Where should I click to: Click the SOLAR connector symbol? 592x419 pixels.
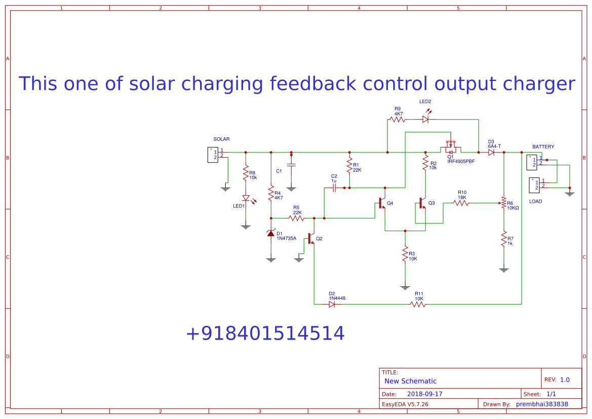tap(213, 155)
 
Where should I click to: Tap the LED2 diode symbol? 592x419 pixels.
tap(425, 120)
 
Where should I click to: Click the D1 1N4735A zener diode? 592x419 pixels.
tap(271, 233)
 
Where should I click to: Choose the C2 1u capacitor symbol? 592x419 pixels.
tap(334, 188)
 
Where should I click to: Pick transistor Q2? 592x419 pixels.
tap(310, 238)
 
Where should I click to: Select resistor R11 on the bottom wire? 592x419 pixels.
tap(418, 304)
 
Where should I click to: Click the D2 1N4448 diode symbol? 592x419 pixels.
tap(332, 304)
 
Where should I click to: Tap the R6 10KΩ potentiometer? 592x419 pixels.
tap(503, 204)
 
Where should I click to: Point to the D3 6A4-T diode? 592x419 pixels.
tap(491, 152)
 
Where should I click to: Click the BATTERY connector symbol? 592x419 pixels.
tap(531, 162)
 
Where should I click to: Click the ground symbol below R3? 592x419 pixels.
tap(405, 287)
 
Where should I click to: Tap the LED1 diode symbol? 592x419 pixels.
tap(246, 198)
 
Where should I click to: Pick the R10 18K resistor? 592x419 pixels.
tap(461, 203)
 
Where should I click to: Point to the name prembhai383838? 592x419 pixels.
tap(542, 404)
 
